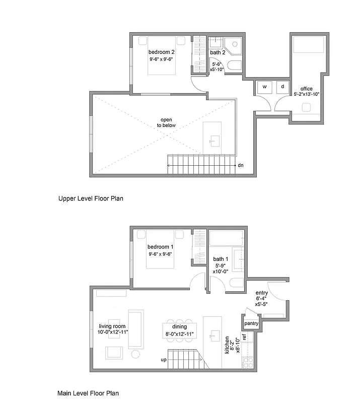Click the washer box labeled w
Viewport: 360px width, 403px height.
click(264, 87)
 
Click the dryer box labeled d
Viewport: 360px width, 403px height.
click(282, 87)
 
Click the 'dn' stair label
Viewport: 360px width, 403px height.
click(241, 165)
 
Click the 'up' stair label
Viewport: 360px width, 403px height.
click(163, 360)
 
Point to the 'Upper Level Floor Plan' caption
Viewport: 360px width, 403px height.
click(91, 198)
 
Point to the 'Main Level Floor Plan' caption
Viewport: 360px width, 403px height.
click(89, 393)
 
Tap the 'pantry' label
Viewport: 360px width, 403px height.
click(251, 323)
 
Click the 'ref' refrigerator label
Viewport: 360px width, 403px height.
click(244, 337)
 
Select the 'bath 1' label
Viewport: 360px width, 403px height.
click(221, 259)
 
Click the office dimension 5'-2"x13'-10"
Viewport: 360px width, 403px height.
click(306, 94)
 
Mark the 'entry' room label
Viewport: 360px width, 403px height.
click(262, 293)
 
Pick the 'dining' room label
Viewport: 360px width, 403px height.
click(179, 326)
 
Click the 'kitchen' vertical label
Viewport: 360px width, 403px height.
click(227, 345)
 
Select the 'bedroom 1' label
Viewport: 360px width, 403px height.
click(160, 247)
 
